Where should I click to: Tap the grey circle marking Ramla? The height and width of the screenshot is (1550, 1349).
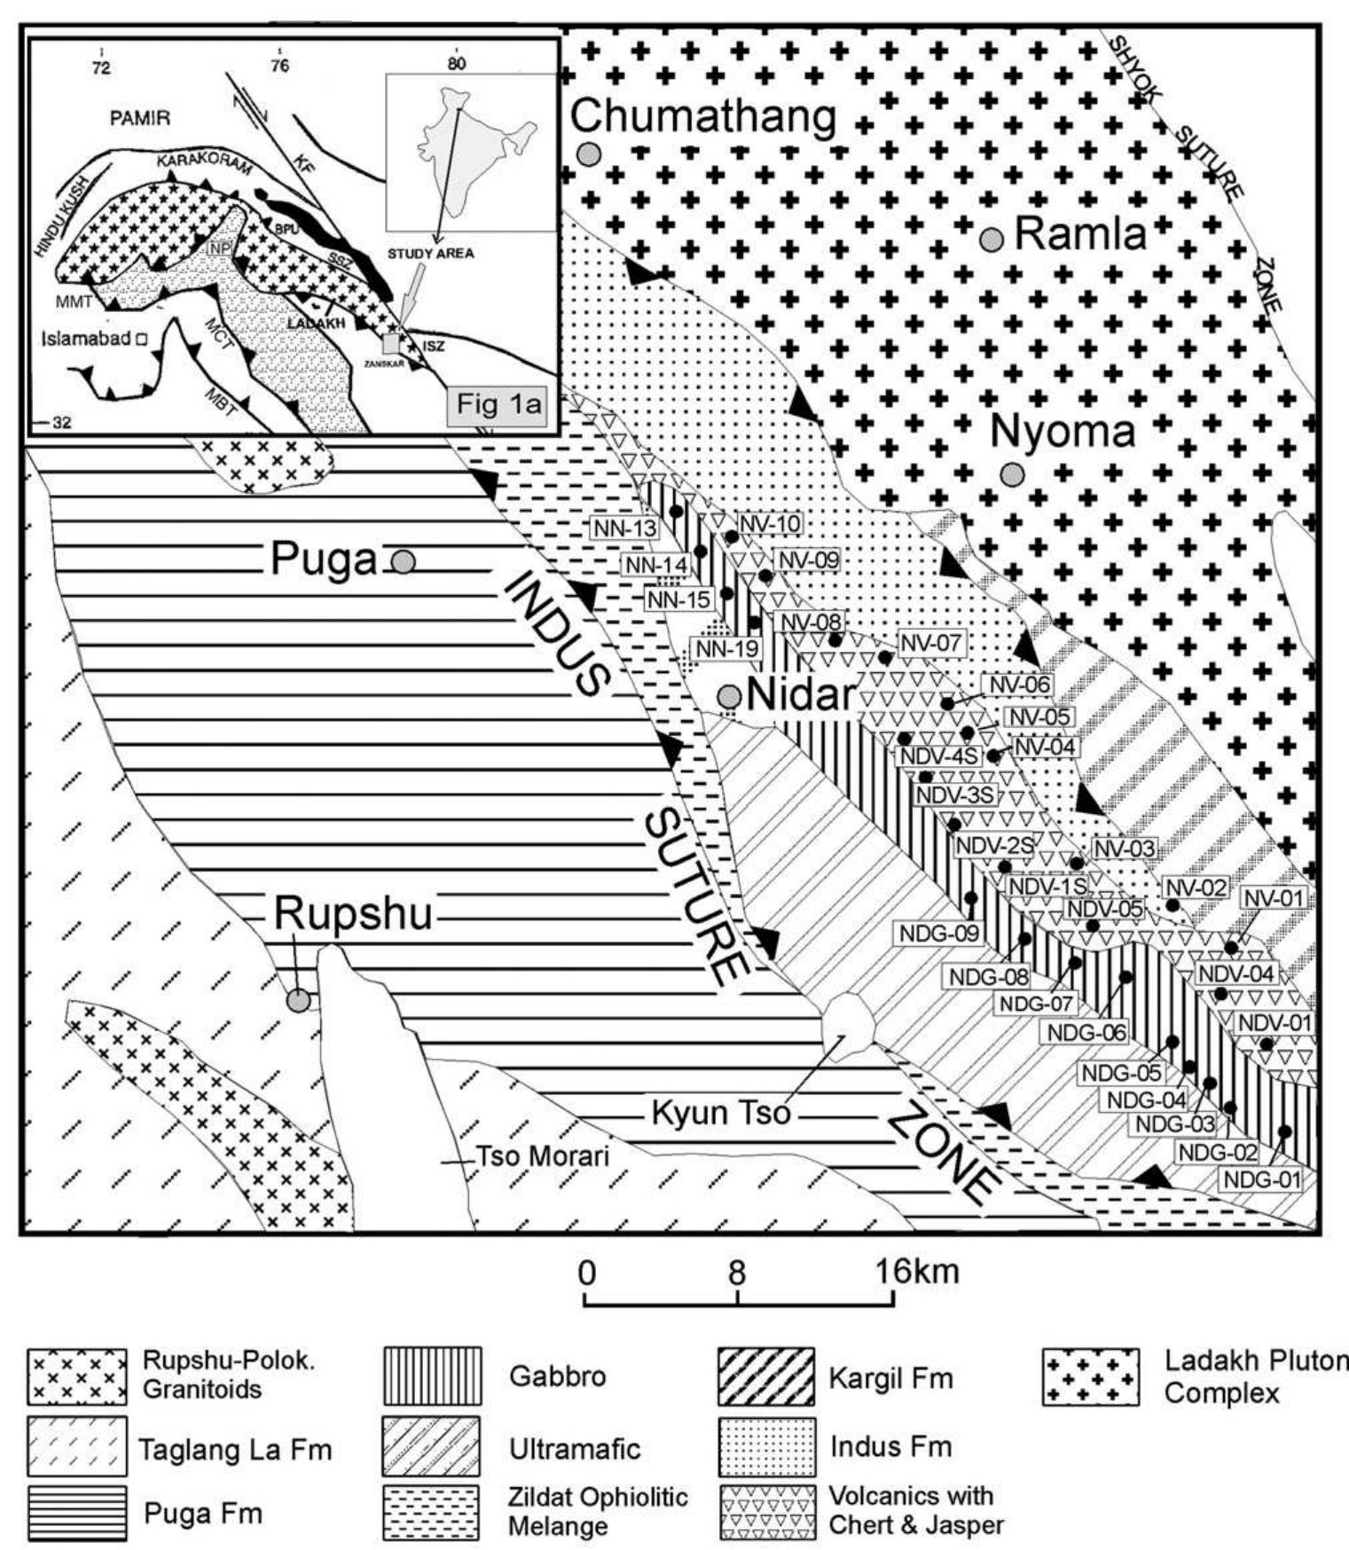[992, 239]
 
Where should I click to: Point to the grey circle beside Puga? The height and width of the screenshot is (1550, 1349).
[404, 561]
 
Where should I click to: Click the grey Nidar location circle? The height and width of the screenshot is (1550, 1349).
[730, 696]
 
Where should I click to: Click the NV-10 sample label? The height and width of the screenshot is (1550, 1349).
[770, 524]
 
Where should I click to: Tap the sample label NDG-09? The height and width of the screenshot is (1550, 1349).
[939, 933]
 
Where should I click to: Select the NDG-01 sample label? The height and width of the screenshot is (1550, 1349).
[1261, 1180]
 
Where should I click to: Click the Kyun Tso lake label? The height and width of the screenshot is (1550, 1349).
[720, 1112]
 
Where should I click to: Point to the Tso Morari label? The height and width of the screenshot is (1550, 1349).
[543, 1156]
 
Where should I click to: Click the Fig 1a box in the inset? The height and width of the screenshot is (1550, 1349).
[498, 404]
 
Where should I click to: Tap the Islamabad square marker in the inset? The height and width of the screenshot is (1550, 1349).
[141, 338]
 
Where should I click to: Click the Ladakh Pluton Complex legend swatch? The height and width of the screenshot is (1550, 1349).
[1090, 1376]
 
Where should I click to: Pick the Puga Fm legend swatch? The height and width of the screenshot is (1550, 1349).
[76, 1513]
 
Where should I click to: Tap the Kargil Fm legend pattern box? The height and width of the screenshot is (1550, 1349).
[765, 1376]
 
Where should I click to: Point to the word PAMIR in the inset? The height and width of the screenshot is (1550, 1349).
[140, 117]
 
